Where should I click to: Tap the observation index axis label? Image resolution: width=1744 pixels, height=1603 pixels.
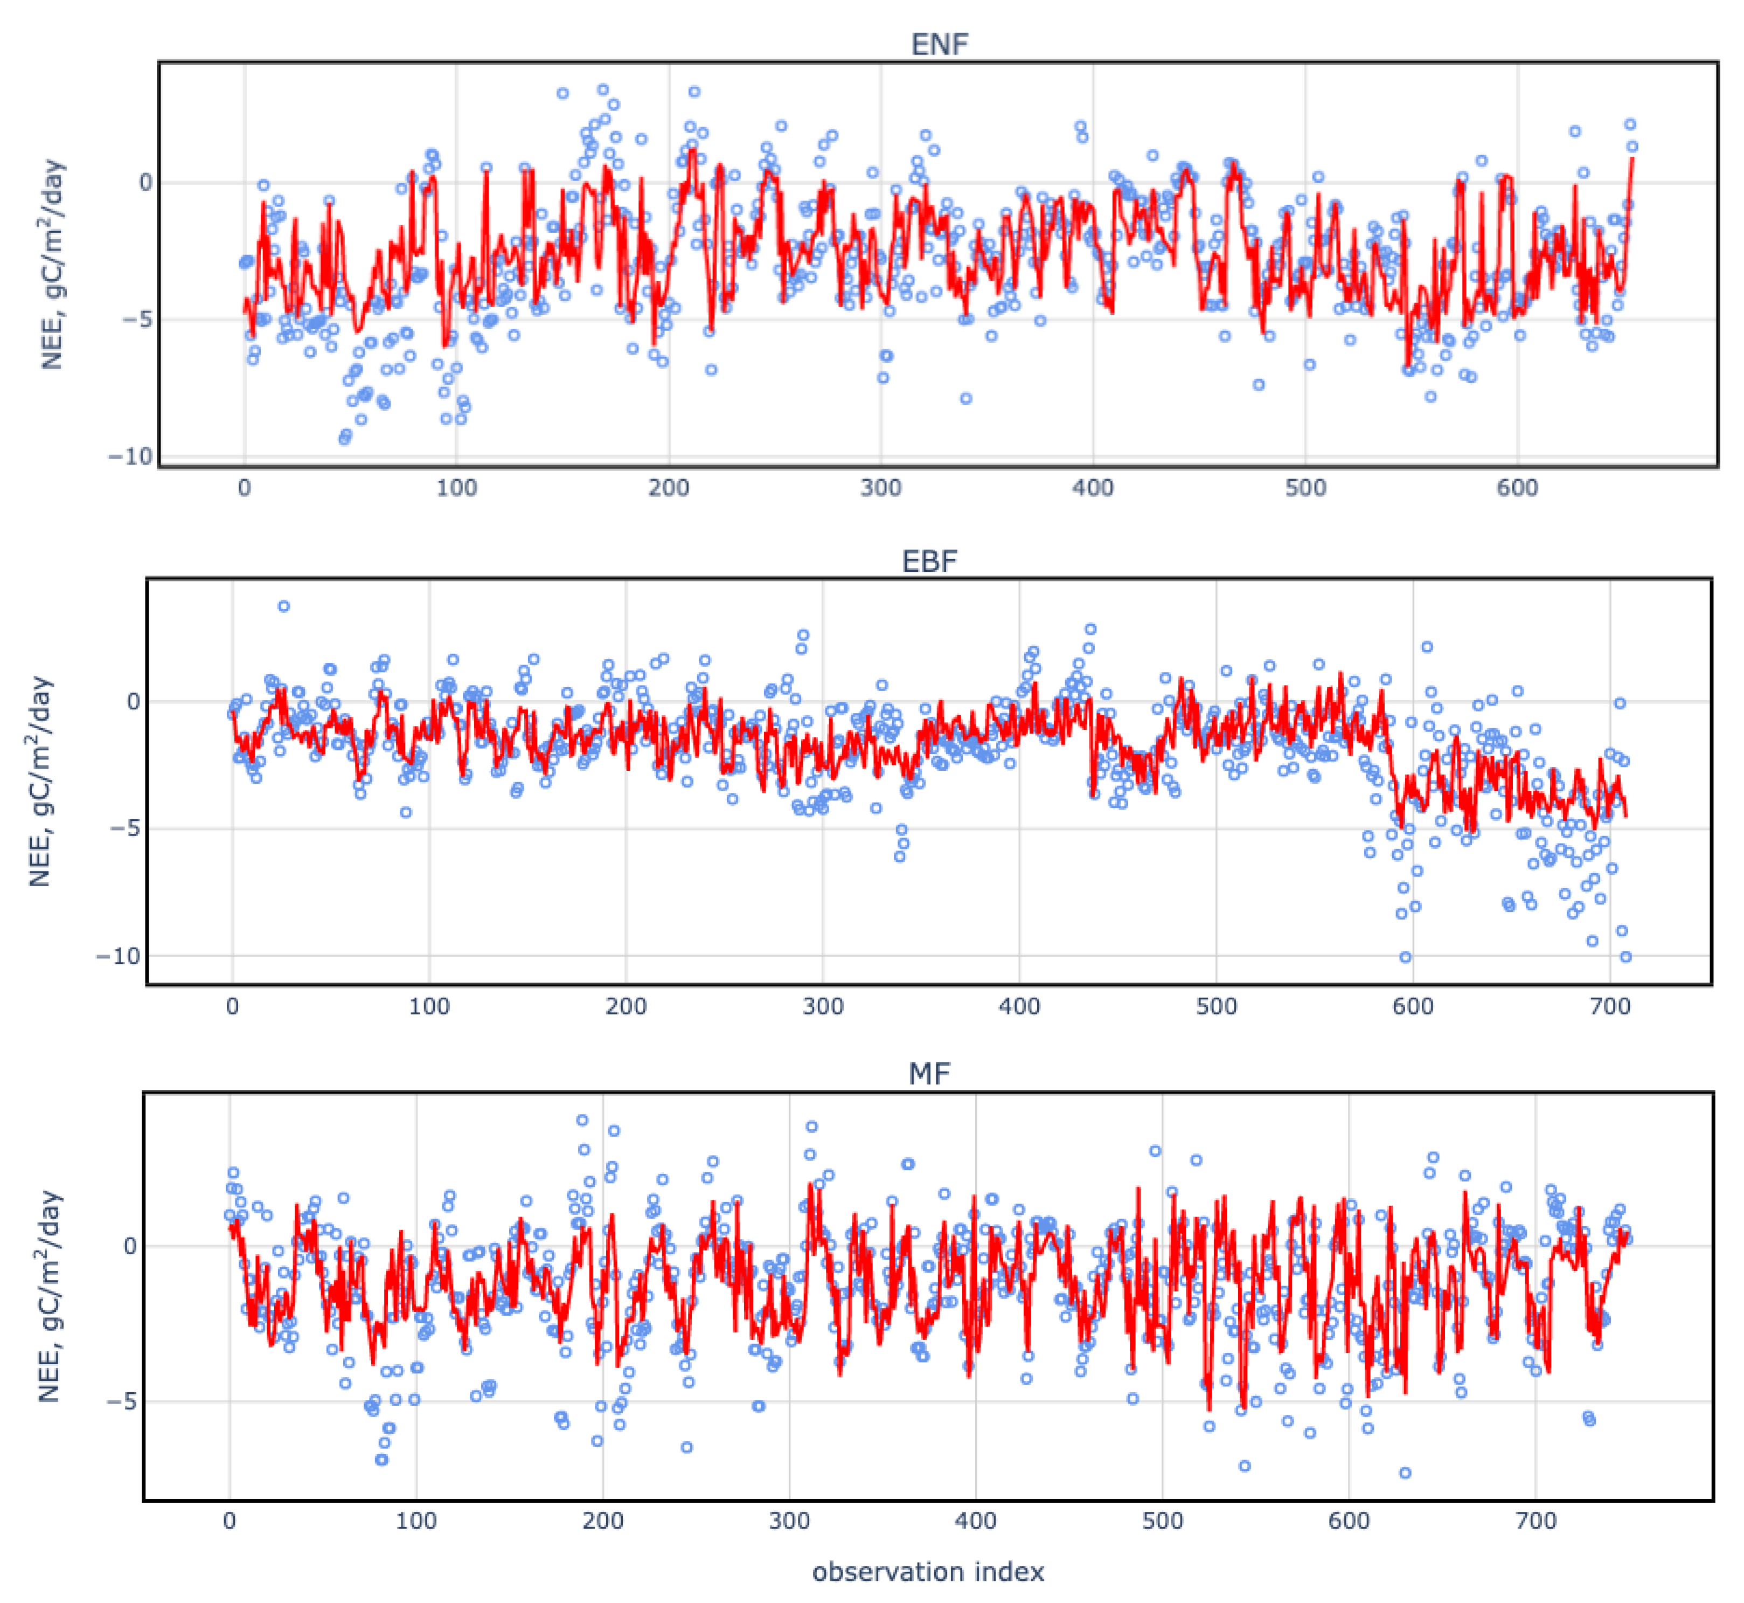click(x=928, y=1572)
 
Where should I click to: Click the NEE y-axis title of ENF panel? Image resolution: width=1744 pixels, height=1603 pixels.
click(x=53, y=265)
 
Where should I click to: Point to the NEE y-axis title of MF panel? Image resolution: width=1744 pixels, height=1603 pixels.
click(x=50, y=1296)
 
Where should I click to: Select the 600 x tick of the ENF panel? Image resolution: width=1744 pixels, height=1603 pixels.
click(x=1517, y=487)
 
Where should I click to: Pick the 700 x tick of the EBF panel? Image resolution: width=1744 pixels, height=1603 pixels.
click(x=1610, y=1006)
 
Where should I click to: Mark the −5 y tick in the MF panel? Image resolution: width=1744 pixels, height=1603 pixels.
click(x=121, y=1402)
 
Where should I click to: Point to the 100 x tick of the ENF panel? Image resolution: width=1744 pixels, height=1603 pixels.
click(x=456, y=487)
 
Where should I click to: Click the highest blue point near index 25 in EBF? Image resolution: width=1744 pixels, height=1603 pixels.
click(x=283, y=606)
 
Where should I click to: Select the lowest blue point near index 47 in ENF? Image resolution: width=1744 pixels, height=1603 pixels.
click(x=344, y=439)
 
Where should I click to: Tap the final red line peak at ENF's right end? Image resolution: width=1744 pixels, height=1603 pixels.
click(x=1633, y=158)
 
